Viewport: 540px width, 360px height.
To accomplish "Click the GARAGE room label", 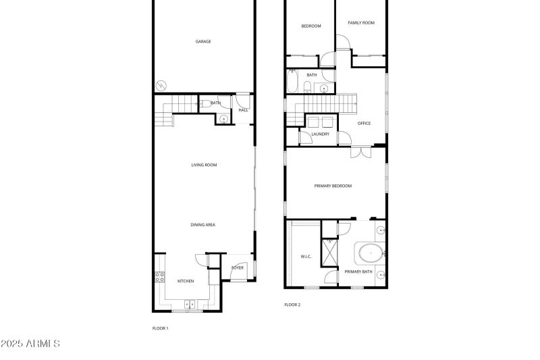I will [203, 41].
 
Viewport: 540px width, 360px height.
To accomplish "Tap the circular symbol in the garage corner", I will [161, 84].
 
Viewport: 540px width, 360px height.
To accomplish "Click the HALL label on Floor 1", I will [243, 109].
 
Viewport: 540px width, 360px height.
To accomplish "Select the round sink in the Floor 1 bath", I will [223, 119].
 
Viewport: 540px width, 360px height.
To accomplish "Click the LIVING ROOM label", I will [204, 165].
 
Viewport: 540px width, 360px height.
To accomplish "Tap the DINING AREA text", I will [203, 225].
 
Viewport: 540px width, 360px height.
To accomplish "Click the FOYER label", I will [238, 267].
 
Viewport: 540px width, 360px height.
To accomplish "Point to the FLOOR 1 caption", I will [160, 328].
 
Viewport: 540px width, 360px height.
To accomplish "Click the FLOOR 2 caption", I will [292, 305].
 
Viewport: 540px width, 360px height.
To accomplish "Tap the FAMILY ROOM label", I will [361, 23].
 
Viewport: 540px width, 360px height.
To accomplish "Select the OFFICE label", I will [364, 123].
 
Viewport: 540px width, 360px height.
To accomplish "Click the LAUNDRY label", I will [321, 134].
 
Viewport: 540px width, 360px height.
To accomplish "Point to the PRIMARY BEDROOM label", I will [333, 186].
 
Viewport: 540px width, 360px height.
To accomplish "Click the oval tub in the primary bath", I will [371, 254].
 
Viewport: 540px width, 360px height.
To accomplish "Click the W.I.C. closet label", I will [305, 257].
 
